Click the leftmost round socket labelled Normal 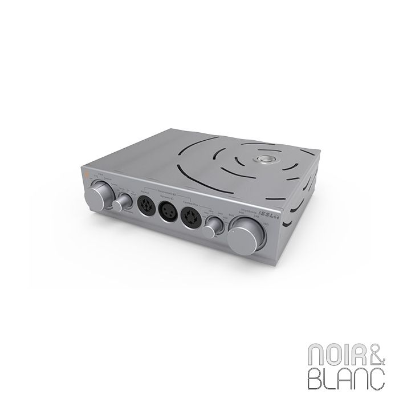point(144,205)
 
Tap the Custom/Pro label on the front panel point(189,203)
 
